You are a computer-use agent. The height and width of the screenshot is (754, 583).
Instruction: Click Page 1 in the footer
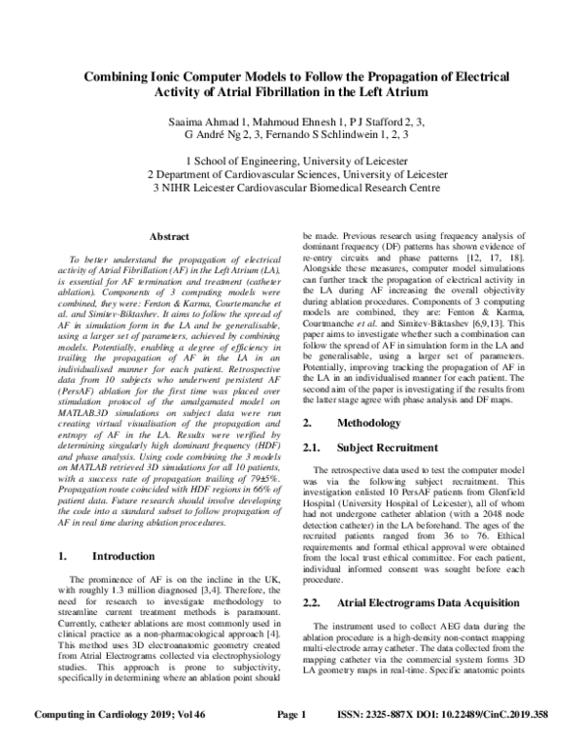(291, 741)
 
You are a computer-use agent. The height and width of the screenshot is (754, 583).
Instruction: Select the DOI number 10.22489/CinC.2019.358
(497, 741)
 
